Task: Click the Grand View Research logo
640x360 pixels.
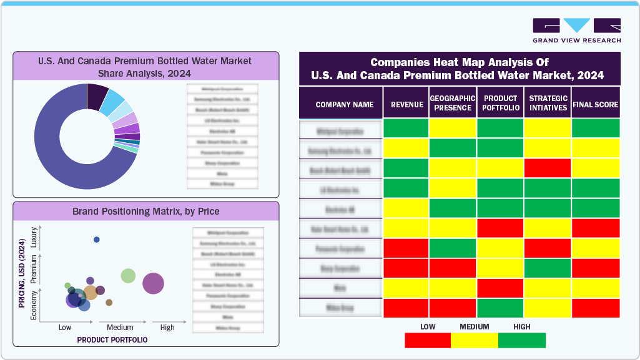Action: (576, 31)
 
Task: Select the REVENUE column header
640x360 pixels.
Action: (406, 105)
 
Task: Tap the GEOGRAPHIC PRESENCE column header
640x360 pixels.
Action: (453, 103)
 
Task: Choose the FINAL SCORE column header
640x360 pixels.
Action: (595, 105)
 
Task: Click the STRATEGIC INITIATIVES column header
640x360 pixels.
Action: (548, 103)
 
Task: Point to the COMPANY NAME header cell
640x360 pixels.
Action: (344, 105)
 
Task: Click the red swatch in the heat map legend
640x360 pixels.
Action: (428, 340)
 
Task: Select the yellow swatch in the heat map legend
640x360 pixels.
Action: (475, 340)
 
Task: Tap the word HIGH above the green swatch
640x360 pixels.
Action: (521, 326)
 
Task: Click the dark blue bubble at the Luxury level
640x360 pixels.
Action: (96, 240)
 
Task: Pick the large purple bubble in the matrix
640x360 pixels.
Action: (153, 284)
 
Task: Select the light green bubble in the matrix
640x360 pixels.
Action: (128, 276)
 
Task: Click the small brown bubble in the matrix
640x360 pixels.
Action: (109, 303)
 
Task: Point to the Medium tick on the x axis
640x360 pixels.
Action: (120, 328)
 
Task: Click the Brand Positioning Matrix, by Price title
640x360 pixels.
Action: (145, 211)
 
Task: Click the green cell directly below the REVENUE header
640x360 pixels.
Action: (406, 129)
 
